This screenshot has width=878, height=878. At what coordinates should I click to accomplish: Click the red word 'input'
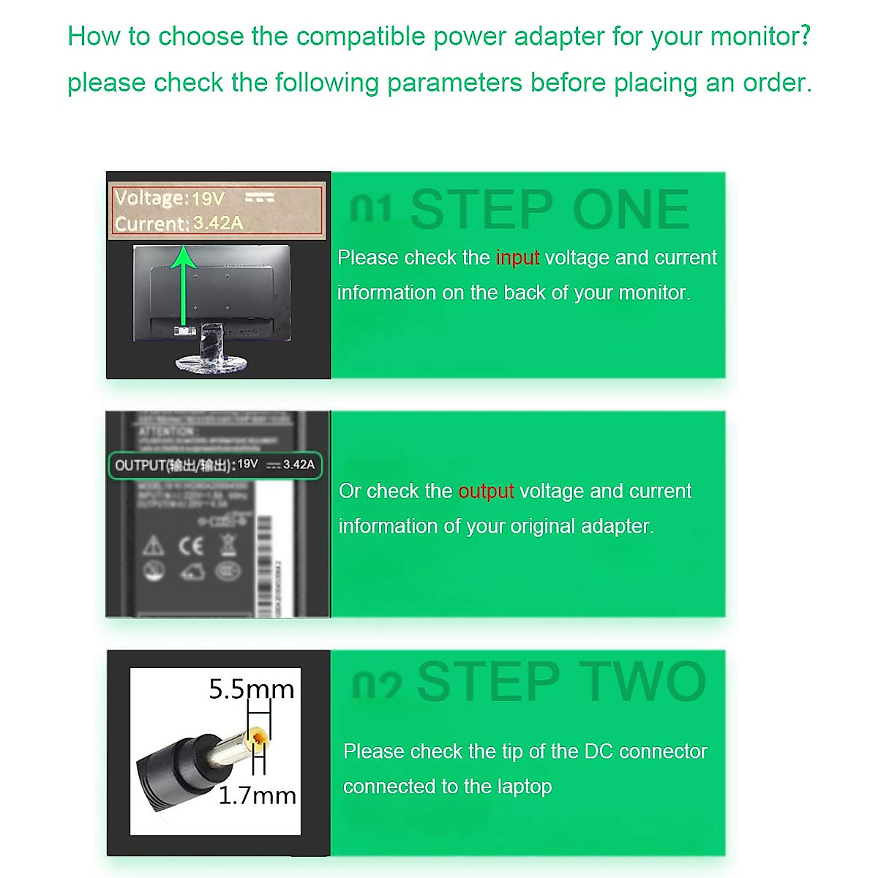pyautogui.click(x=517, y=258)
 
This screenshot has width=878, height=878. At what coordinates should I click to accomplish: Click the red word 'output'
pyautogui.click(x=486, y=491)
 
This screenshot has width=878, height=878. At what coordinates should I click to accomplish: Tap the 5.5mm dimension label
pyautogui.click(x=251, y=689)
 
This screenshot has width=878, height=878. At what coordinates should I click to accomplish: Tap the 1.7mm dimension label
pyautogui.click(x=258, y=795)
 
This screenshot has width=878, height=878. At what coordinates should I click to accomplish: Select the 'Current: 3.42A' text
pyautogui.click(x=179, y=223)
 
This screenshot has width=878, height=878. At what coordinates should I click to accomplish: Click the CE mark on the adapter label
pyautogui.click(x=190, y=546)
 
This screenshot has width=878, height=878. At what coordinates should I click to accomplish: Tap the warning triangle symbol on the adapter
pyautogui.click(x=153, y=546)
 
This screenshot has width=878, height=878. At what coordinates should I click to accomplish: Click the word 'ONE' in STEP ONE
pyautogui.click(x=631, y=210)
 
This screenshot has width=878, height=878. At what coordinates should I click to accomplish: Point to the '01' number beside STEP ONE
pyautogui.click(x=371, y=209)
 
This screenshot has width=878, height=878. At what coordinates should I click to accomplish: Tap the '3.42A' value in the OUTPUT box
pyautogui.click(x=299, y=465)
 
